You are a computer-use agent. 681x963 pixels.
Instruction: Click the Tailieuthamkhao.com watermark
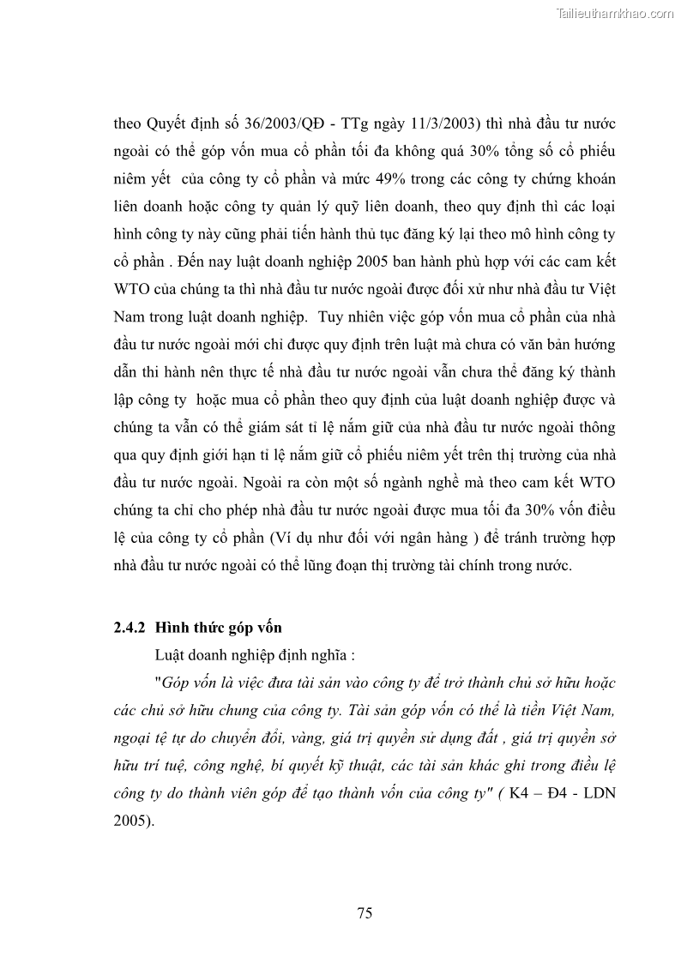point(615,13)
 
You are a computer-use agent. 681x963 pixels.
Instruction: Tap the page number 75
point(365,913)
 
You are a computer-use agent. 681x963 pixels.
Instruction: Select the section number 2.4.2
point(131,627)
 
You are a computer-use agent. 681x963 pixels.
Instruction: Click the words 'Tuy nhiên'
point(345,316)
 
